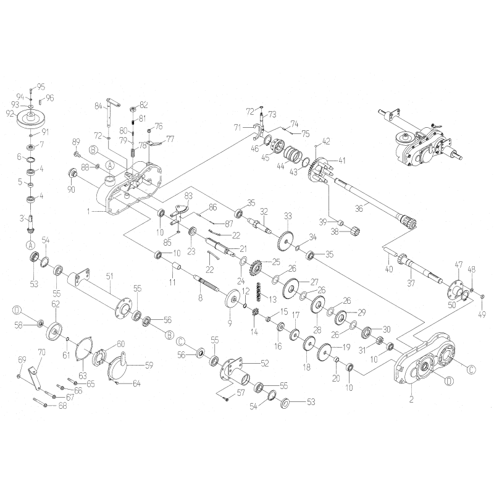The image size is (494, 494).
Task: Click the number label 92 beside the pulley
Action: pos(9,113)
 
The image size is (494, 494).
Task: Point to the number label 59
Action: pos(148,365)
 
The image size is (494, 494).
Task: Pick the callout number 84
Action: pos(98,106)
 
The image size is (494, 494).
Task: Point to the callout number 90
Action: pos(72,189)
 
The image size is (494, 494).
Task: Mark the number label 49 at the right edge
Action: pos(482,314)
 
